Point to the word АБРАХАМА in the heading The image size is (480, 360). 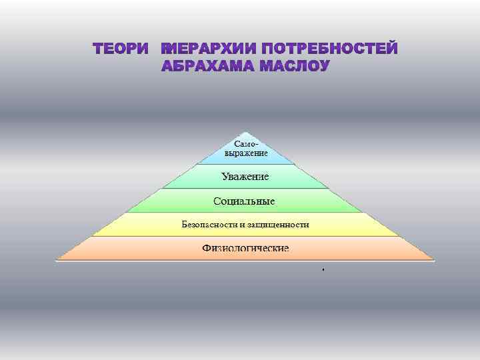click(208, 67)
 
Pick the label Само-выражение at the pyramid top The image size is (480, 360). click(246, 149)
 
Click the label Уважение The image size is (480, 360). click(245, 177)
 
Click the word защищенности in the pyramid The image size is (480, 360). click(277, 225)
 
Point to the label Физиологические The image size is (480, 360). click(245, 249)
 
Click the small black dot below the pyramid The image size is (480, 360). click(321, 270)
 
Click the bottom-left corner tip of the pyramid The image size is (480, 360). click(56, 260)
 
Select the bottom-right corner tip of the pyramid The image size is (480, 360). click(435, 260)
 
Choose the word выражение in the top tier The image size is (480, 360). click(246, 153)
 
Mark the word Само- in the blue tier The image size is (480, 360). click(246, 144)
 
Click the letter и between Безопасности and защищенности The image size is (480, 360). click(244, 225)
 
